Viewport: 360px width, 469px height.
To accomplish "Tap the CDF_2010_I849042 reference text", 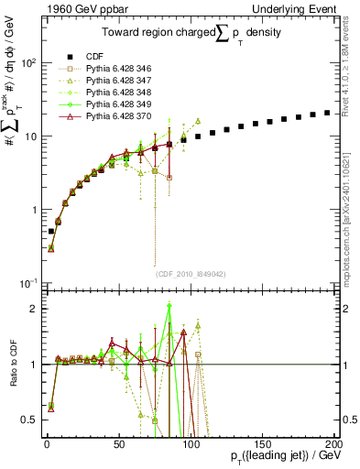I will pos(190,272).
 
